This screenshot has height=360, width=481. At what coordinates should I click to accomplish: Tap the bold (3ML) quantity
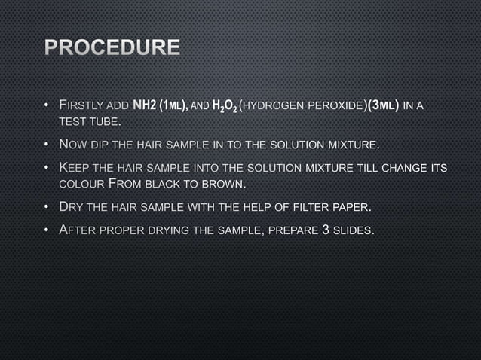[382, 104]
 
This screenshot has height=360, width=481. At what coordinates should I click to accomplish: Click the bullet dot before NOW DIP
[46, 144]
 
